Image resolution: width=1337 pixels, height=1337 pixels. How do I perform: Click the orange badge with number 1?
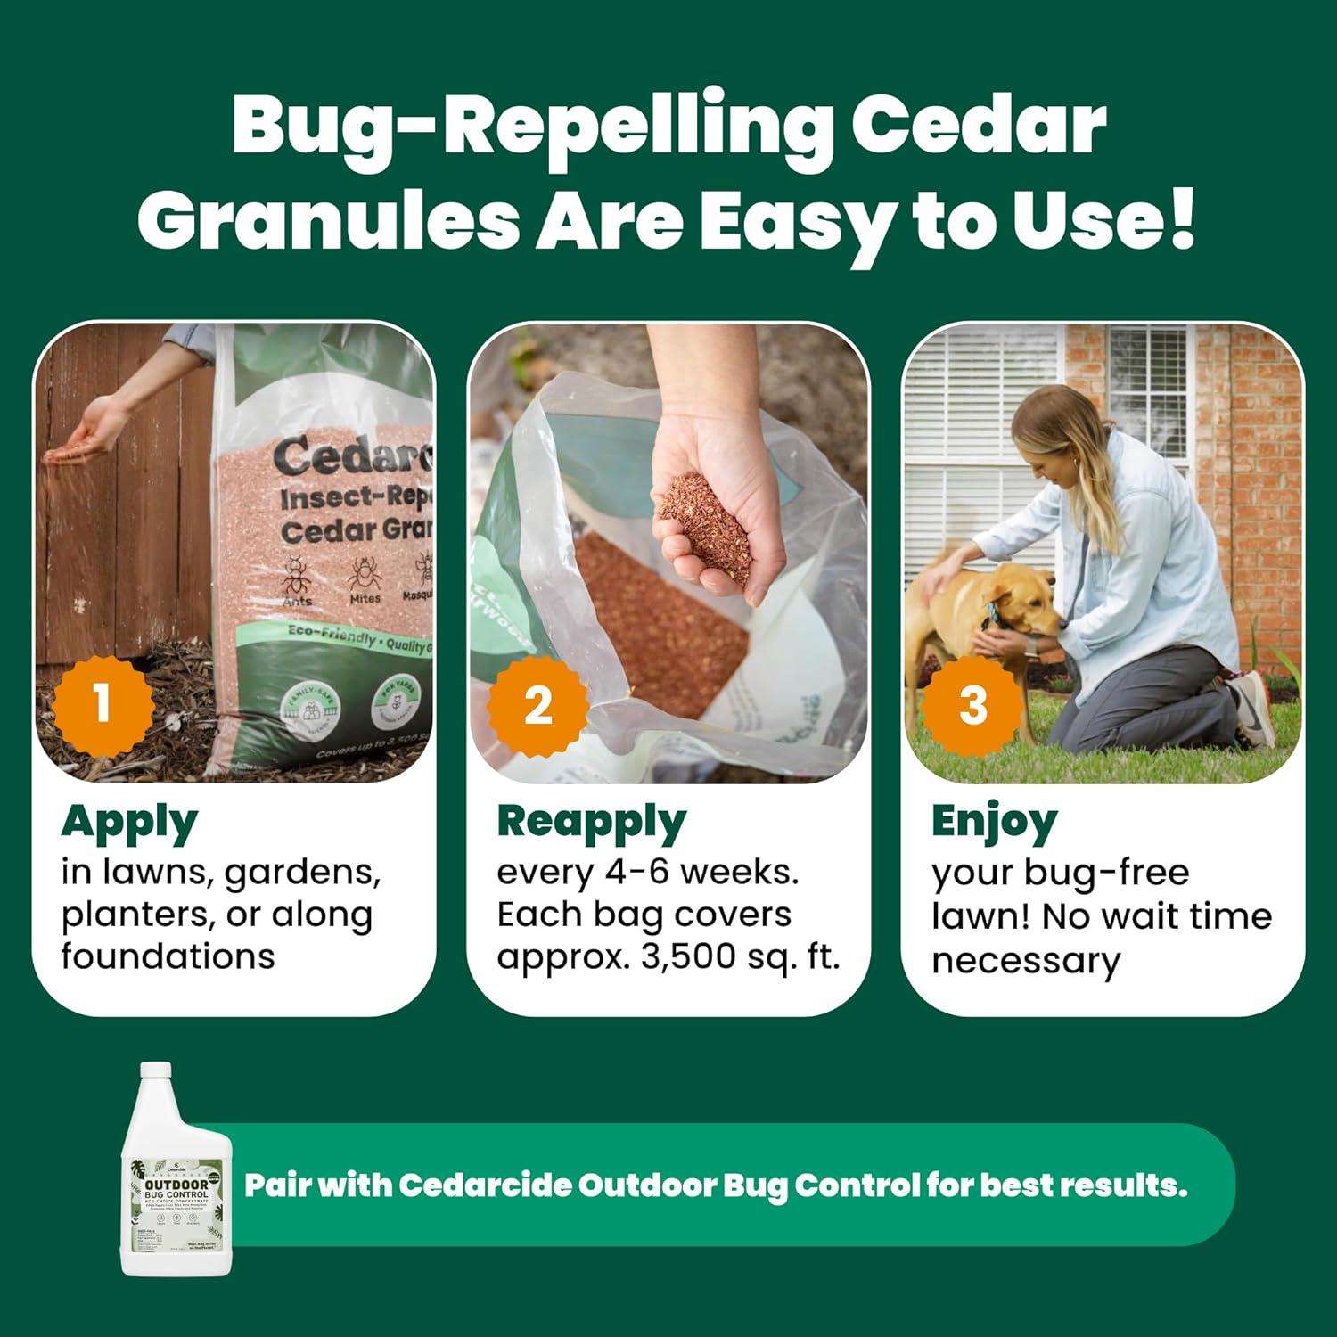tap(101, 702)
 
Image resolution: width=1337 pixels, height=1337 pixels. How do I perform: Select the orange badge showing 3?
tap(972, 704)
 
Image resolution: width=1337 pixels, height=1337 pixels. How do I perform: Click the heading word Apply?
tap(129, 824)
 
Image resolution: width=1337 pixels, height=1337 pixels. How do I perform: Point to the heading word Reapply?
tap(591, 823)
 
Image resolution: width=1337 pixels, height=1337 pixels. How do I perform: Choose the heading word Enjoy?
tap(994, 823)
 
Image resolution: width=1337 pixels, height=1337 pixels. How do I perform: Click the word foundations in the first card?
tap(167, 957)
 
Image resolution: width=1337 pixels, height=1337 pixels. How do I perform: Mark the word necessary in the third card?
tap(1025, 960)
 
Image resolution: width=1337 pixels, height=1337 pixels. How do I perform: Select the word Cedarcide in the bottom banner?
tap(485, 1186)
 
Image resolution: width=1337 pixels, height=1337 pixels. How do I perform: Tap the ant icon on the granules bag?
tap(297, 578)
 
